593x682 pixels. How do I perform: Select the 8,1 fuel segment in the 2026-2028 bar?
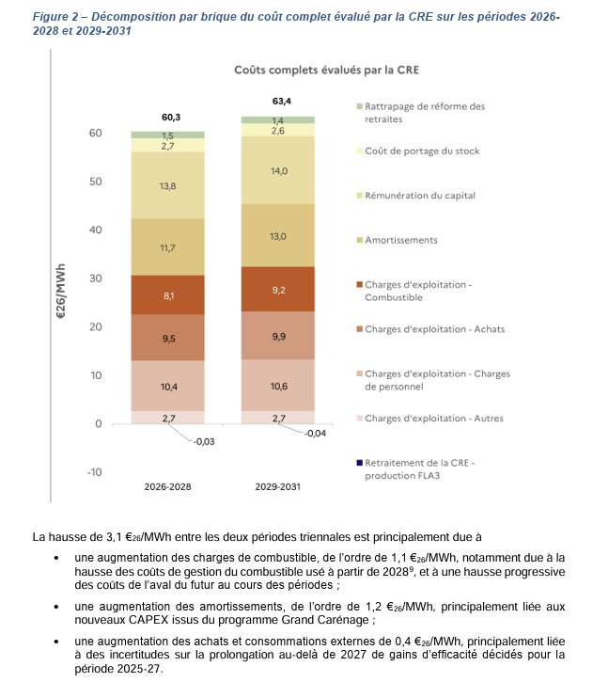(168, 295)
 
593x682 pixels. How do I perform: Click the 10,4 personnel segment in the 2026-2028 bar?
(168, 386)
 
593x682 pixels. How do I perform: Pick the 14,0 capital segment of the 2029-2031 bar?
(278, 170)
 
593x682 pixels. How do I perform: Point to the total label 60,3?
(170, 118)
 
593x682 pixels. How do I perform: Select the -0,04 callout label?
(318, 434)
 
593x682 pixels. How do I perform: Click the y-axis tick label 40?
(95, 230)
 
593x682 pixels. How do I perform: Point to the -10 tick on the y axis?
(93, 471)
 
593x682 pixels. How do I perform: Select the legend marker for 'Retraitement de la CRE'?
(359, 463)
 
